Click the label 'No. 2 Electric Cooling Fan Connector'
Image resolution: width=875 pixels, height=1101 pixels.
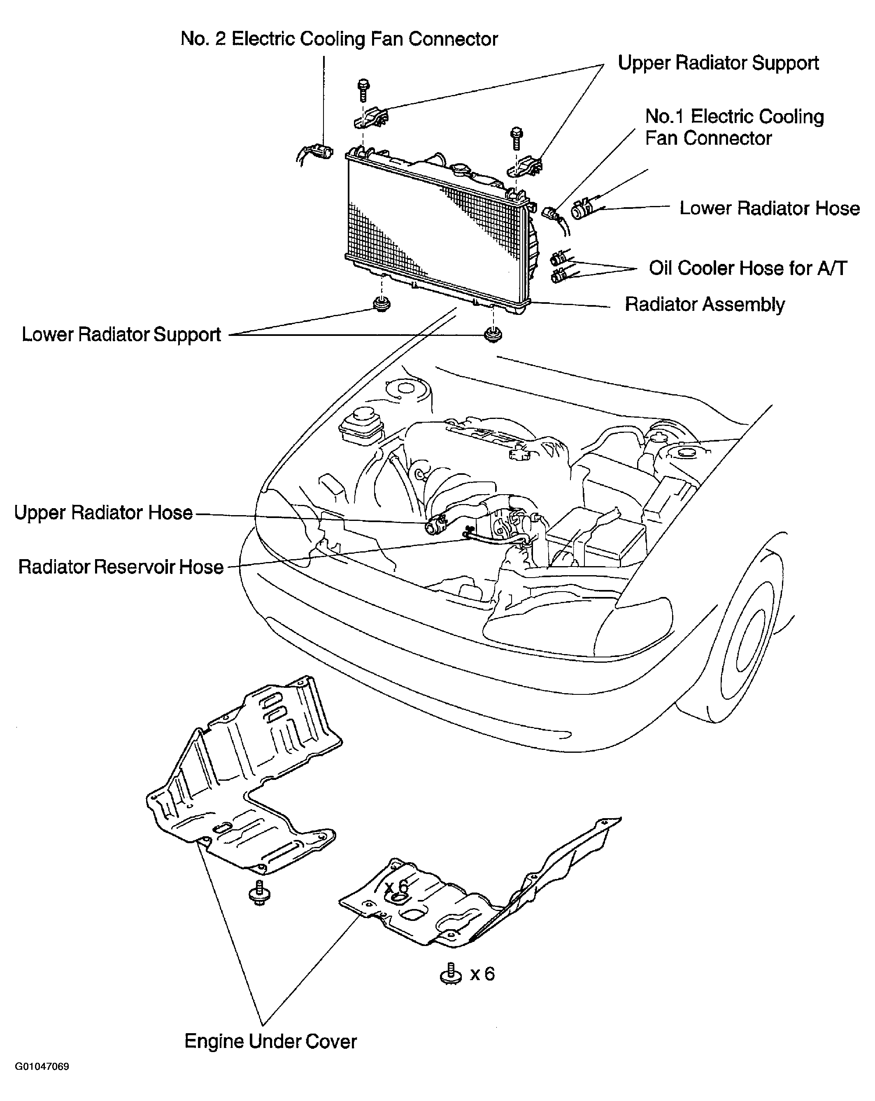(339, 39)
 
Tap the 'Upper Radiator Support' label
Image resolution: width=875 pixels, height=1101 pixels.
(718, 63)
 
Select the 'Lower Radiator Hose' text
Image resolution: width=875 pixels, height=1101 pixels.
(770, 208)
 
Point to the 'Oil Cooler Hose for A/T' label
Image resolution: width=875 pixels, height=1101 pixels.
(748, 268)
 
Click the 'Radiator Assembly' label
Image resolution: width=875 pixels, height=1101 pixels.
(705, 304)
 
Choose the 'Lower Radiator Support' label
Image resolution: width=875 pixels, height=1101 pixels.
(121, 335)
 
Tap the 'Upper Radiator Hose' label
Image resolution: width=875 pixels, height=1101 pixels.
(103, 513)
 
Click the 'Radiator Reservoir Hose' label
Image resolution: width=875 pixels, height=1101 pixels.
(121, 567)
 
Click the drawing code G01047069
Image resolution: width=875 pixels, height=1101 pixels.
(42, 1080)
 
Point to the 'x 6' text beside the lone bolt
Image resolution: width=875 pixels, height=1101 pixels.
(482, 974)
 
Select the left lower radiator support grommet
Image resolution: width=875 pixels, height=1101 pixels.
(381, 304)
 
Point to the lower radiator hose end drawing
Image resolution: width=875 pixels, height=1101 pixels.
(583, 209)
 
